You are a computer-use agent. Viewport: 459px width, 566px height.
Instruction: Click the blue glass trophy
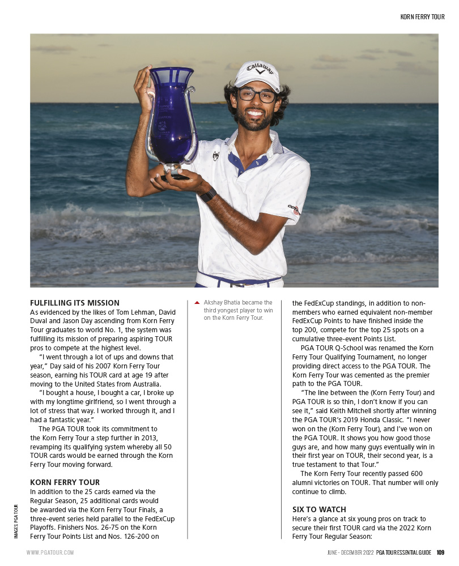(170, 119)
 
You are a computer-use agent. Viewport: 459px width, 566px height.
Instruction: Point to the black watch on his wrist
(209, 195)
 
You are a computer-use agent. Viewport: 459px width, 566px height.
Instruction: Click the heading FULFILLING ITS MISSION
(75, 303)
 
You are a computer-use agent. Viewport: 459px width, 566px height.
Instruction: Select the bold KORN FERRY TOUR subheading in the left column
(65, 482)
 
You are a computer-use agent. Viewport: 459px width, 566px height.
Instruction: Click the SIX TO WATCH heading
(319, 509)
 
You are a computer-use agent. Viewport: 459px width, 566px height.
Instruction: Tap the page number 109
(440, 552)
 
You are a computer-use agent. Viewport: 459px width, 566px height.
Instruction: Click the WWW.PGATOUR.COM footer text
(50, 552)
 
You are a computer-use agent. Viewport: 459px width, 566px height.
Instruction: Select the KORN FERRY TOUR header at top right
(422, 18)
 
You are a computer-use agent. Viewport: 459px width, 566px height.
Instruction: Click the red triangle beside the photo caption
(197, 303)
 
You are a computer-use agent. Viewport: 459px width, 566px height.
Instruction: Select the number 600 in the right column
(431, 473)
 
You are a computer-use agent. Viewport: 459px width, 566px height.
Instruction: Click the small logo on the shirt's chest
(216, 156)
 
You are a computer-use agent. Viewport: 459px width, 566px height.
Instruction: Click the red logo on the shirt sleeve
(294, 209)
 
